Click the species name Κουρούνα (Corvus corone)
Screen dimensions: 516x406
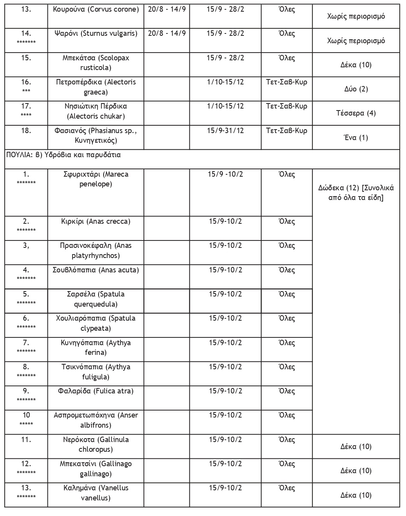coord(96,9)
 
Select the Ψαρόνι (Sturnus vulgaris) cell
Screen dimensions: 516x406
coord(96,33)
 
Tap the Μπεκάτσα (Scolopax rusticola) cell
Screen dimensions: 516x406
coord(96,63)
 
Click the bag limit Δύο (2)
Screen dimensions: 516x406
coord(356,89)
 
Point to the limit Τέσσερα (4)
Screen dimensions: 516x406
coord(356,113)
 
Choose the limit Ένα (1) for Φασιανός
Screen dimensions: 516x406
coord(356,137)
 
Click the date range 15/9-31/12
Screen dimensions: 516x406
coord(225,130)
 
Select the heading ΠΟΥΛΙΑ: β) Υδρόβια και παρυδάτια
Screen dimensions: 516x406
coord(63,155)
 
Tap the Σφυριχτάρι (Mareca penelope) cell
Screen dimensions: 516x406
coord(96,179)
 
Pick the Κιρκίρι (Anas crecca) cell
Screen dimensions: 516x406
coord(96,222)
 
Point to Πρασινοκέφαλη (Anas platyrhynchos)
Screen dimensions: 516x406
coord(96,251)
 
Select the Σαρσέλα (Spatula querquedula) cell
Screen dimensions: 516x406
coord(96,299)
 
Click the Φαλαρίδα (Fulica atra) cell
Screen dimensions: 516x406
coord(96,391)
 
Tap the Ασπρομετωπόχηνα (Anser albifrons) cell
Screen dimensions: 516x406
coord(96,420)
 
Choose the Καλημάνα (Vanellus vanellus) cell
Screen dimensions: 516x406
coord(96,493)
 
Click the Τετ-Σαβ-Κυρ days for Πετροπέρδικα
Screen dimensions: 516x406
coord(286,82)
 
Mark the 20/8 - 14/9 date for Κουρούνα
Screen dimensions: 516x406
coord(167,9)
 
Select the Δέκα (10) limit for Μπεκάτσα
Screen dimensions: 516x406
coord(356,65)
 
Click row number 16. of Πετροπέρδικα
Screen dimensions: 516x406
coord(26,82)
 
